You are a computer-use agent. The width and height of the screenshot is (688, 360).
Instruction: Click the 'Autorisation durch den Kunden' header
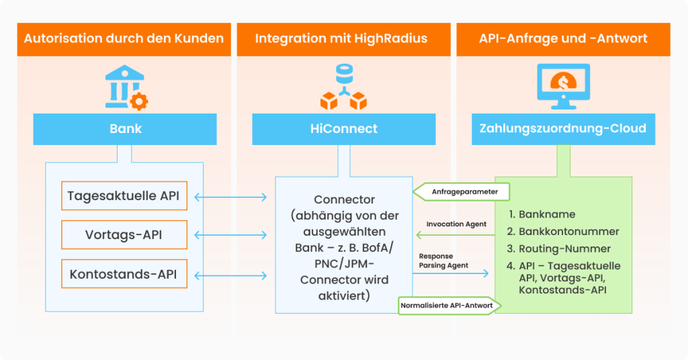click(x=124, y=38)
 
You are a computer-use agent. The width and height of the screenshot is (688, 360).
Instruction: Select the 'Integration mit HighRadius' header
click(x=341, y=38)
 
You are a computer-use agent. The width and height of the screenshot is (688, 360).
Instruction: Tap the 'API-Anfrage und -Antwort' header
click(x=563, y=38)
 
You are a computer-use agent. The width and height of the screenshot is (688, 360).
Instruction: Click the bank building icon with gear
click(x=125, y=87)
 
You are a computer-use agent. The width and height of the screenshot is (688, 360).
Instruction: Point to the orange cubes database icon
click(x=343, y=87)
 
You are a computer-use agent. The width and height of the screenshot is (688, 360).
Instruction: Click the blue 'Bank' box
click(x=125, y=128)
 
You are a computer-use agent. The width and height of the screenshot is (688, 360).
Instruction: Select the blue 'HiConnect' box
click(x=343, y=128)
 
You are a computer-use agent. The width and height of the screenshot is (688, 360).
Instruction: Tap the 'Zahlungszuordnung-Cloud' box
click(x=563, y=128)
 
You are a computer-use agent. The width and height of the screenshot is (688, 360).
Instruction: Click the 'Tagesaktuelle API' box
click(x=124, y=196)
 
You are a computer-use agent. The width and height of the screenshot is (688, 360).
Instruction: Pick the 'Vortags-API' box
click(x=124, y=235)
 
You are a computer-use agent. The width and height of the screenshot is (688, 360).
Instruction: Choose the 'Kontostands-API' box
click(x=124, y=274)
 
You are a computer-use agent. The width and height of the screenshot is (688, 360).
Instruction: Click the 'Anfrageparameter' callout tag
click(x=461, y=192)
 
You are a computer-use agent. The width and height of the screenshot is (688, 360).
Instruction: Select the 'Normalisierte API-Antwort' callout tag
click(x=447, y=306)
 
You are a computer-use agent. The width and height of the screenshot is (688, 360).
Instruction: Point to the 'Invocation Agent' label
click(x=456, y=224)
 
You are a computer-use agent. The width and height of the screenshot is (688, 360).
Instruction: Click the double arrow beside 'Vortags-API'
click(x=230, y=235)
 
